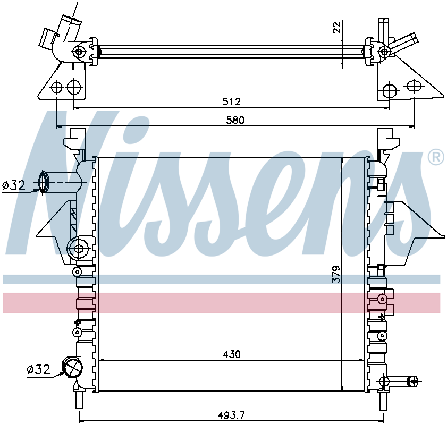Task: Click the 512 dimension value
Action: (232, 101)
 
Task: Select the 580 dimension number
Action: (235, 120)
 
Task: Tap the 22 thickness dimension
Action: (337, 27)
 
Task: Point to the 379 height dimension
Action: (336, 274)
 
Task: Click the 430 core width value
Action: (232, 354)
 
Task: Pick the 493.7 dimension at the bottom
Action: (232, 415)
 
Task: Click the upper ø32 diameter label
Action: (14, 185)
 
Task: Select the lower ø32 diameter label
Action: (38, 369)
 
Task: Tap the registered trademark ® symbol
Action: (436, 157)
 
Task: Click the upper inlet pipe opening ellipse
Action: (44, 182)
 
